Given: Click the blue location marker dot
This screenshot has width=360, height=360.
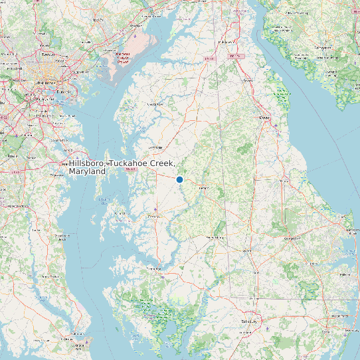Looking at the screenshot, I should (x=179, y=179).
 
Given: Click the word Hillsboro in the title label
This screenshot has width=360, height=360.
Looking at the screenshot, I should (x=87, y=163).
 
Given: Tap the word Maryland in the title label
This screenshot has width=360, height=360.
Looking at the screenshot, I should (x=87, y=171).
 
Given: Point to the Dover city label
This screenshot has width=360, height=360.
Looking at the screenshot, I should (x=265, y=118).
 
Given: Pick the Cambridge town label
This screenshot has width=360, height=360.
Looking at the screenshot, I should (x=154, y=268).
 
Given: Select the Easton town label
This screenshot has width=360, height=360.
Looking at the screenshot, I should (x=153, y=217).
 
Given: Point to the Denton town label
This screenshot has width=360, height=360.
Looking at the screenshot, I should (x=204, y=188).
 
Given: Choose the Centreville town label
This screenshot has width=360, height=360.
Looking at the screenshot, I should (x=156, y=147).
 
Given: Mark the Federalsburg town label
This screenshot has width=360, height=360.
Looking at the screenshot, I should (x=217, y=237).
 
